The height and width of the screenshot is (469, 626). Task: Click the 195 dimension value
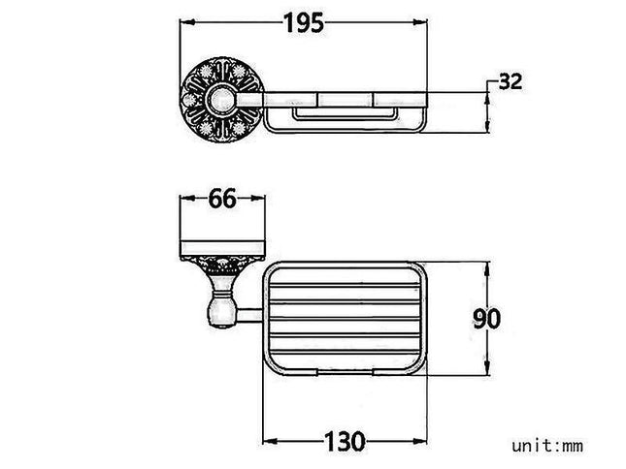point(304,22)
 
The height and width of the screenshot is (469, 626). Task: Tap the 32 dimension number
point(511,81)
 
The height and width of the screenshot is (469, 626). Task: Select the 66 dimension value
point(222,199)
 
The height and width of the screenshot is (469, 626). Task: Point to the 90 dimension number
point(486,319)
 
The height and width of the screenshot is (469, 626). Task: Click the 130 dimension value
point(345,441)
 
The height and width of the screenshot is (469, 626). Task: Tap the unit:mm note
point(547,446)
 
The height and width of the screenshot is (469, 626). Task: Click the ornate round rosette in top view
point(222,99)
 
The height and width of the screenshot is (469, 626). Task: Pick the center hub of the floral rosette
point(220,99)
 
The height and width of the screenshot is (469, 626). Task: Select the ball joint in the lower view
point(221,315)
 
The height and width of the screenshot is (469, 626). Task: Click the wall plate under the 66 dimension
point(222,249)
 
